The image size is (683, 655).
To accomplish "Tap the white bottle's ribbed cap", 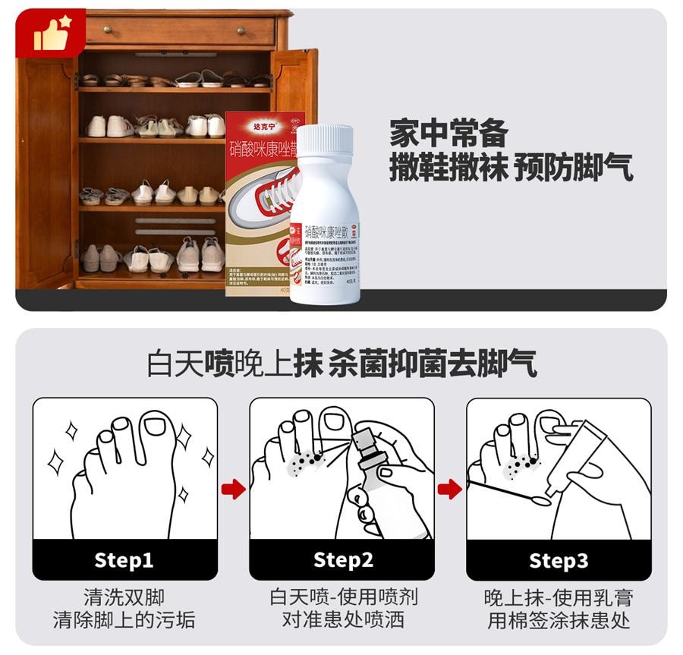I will pos(325,140).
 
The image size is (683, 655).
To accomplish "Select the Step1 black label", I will pos(124,560).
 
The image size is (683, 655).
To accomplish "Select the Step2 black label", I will pos(343,560).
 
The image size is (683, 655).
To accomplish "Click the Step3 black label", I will pos(559,560).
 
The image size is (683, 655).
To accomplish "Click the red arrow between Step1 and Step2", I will pos(233,489).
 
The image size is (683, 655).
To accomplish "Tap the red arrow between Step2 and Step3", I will pos(450,489).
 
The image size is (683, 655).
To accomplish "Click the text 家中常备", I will pos(449,134).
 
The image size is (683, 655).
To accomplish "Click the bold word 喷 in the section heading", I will pos(218,364).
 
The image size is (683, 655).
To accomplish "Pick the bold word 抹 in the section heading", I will pos(309,364).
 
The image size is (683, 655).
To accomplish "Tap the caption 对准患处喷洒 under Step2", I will pos(343,620).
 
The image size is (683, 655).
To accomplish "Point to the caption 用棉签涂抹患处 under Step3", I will pos(559,620).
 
